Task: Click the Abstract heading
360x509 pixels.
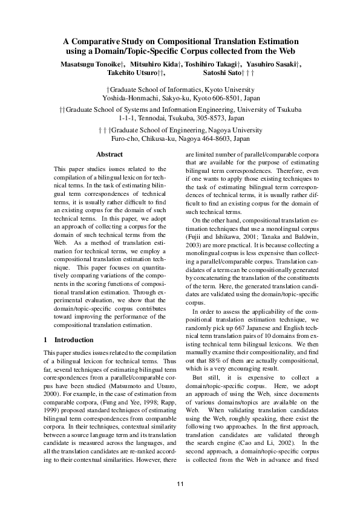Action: (x=110, y=155)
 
